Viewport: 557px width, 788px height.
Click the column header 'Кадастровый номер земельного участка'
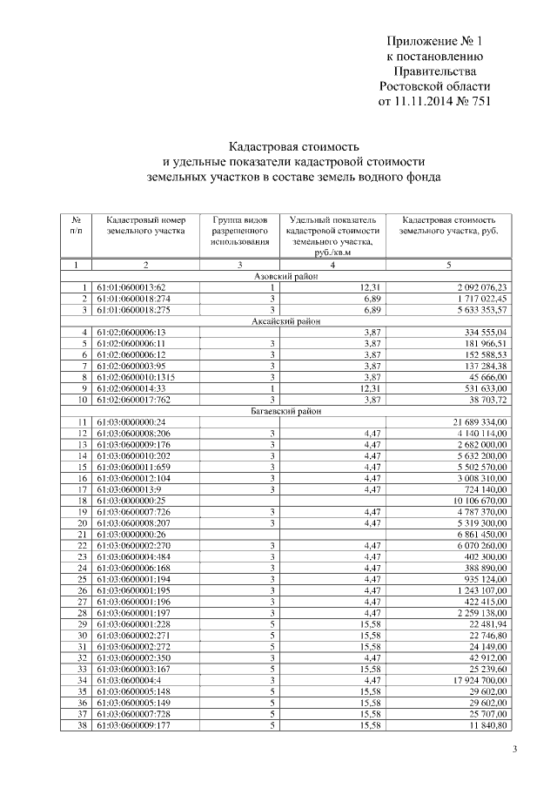click(146, 227)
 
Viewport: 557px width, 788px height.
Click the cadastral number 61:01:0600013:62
click(131, 287)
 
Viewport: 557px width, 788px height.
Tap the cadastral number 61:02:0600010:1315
click(138, 377)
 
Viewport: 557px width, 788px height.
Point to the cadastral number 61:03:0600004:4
click(129, 679)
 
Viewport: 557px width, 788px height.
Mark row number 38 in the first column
click(83, 724)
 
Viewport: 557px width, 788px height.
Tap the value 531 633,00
click(481, 388)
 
